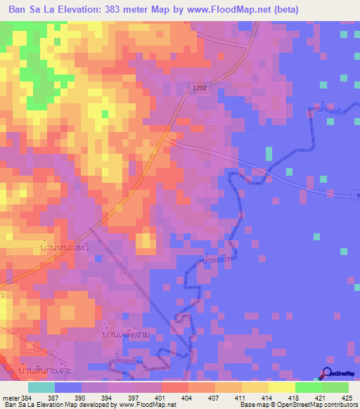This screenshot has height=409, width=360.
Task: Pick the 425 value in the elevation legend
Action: pyautogui.click(x=347, y=398)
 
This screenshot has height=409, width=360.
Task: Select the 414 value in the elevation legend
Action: pyautogui.click(x=266, y=398)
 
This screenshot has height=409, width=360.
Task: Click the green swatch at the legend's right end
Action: pyautogui.click(x=335, y=387)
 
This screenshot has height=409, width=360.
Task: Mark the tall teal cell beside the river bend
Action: pyautogui.click(x=268, y=154)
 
